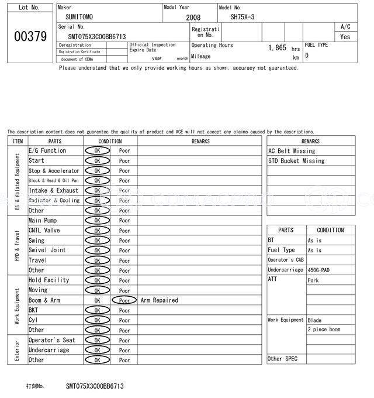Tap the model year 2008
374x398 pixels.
pyautogui.click(x=193, y=18)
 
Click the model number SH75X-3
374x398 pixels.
pyautogui.click(x=243, y=17)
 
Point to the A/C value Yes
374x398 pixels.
pyautogui.click(x=345, y=37)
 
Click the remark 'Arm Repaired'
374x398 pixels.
pyautogui.click(x=160, y=300)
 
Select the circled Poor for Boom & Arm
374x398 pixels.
pyautogui.click(x=124, y=300)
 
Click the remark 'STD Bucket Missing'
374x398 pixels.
pyautogui.click(x=296, y=161)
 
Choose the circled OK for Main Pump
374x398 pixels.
pyautogui.click(x=97, y=221)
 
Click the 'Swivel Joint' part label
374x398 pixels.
pyautogui.click(x=47, y=251)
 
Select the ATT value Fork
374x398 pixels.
pyautogui.click(x=313, y=280)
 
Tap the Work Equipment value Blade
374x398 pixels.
pyautogui.click(x=314, y=320)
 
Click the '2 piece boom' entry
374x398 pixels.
pyautogui.click(x=324, y=330)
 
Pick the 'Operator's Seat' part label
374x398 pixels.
pyautogui.click(x=52, y=340)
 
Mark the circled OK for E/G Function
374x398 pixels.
pyautogui.click(x=97, y=151)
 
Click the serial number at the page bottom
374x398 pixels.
pyautogui.click(x=95, y=386)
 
